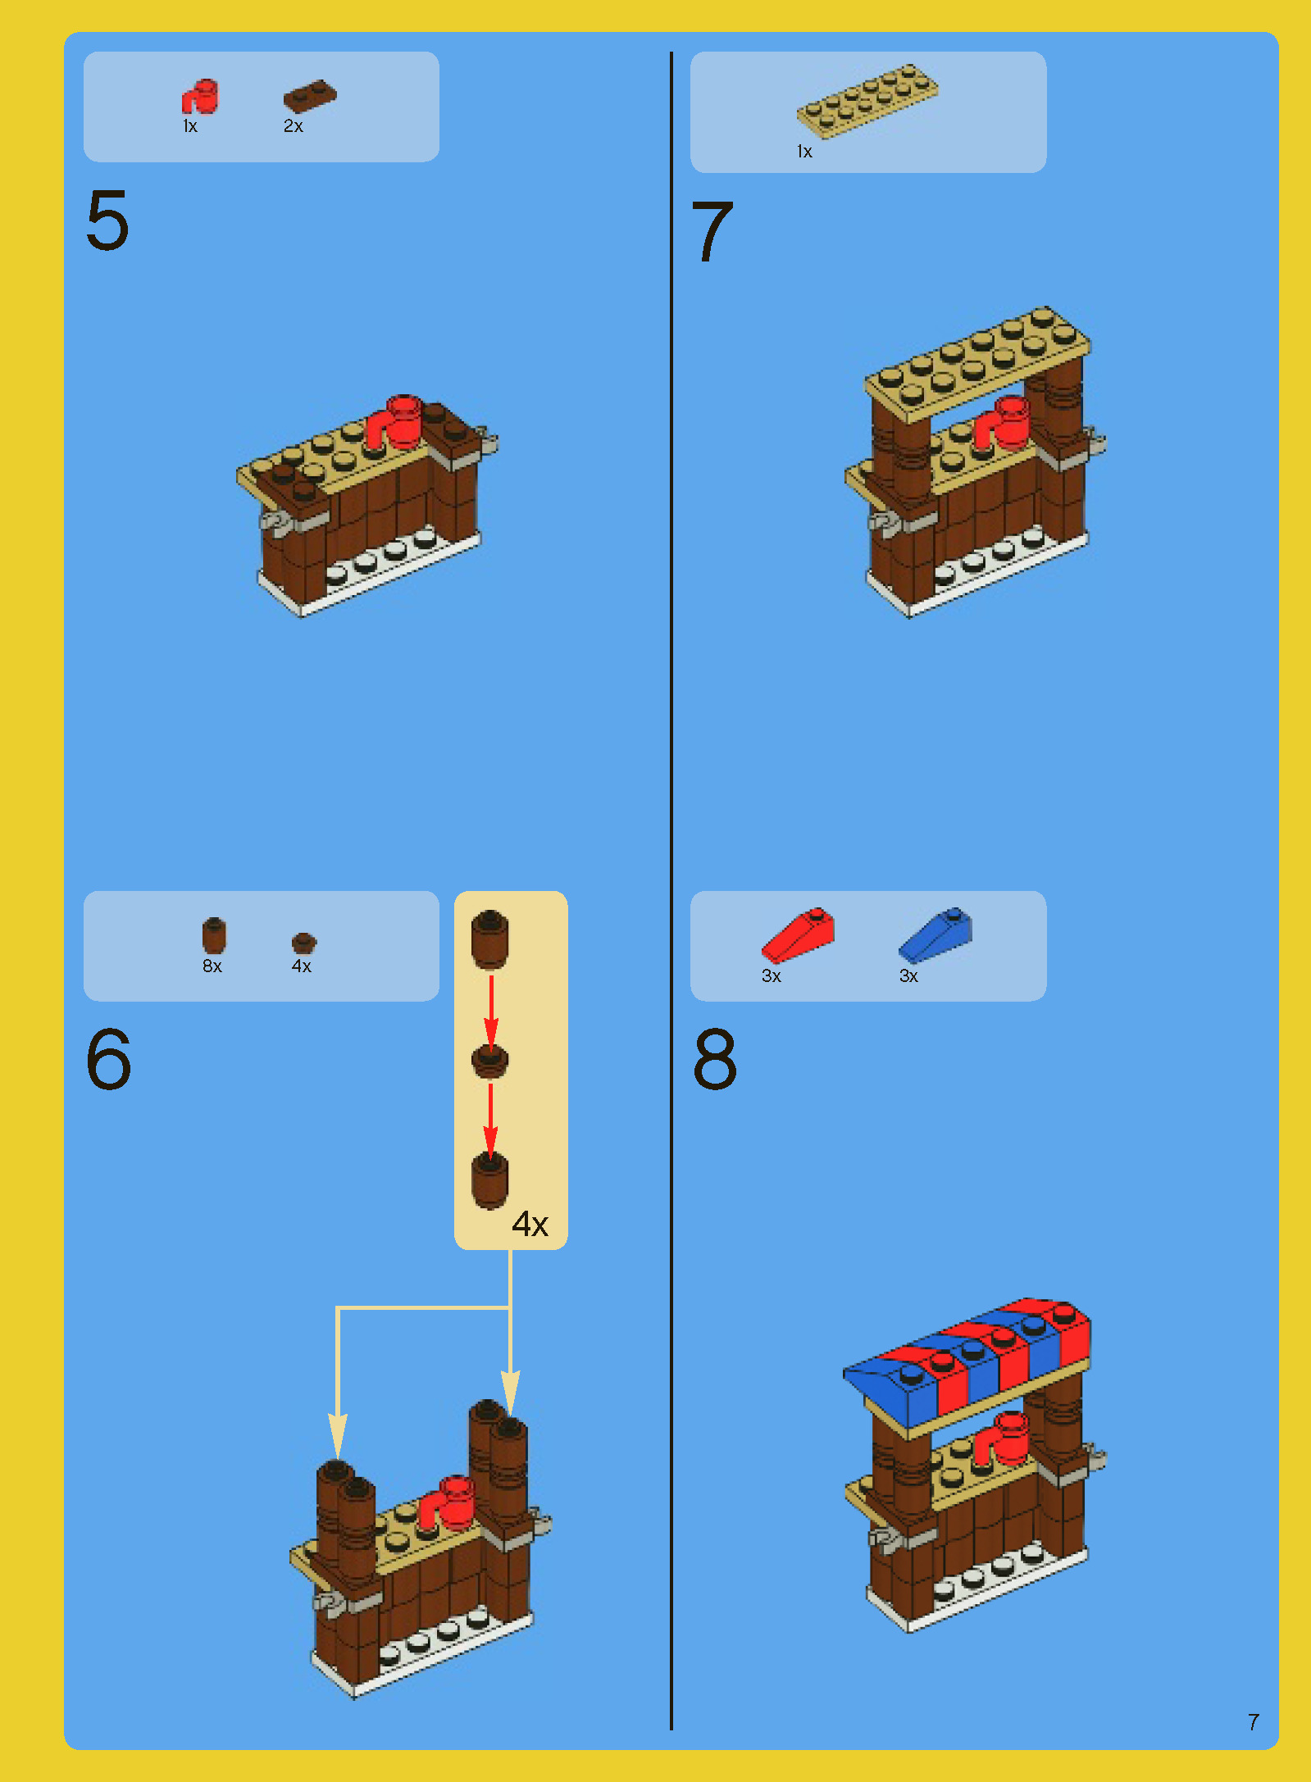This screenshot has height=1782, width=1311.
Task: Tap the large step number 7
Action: pyautogui.click(x=712, y=232)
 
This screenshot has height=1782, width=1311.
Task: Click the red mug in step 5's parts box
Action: pyautogui.click(x=199, y=97)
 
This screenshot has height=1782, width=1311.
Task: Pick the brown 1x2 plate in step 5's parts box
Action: pyautogui.click(x=310, y=96)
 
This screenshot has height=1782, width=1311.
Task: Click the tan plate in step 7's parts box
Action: pyautogui.click(x=867, y=100)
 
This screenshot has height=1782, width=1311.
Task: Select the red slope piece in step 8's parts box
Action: pyautogui.click(x=798, y=935)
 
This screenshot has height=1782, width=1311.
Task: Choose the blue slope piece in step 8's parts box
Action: pyautogui.click(x=935, y=935)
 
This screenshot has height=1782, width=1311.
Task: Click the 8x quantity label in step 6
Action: pyautogui.click(x=212, y=966)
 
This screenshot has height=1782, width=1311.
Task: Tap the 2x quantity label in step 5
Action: pyautogui.click(x=294, y=126)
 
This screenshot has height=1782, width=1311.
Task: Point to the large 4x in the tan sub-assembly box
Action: pyautogui.click(x=530, y=1224)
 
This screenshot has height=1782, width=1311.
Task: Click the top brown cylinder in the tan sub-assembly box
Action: pyautogui.click(x=489, y=939)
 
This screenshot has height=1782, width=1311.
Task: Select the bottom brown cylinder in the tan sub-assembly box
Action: pyautogui.click(x=489, y=1180)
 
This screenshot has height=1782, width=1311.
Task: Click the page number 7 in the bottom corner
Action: pyautogui.click(x=1253, y=1722)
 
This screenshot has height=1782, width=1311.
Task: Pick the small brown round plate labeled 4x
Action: pyautogui.click(x=303, y=943)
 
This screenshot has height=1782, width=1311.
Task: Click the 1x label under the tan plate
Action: pyautogui.click(x=804, y=152)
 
